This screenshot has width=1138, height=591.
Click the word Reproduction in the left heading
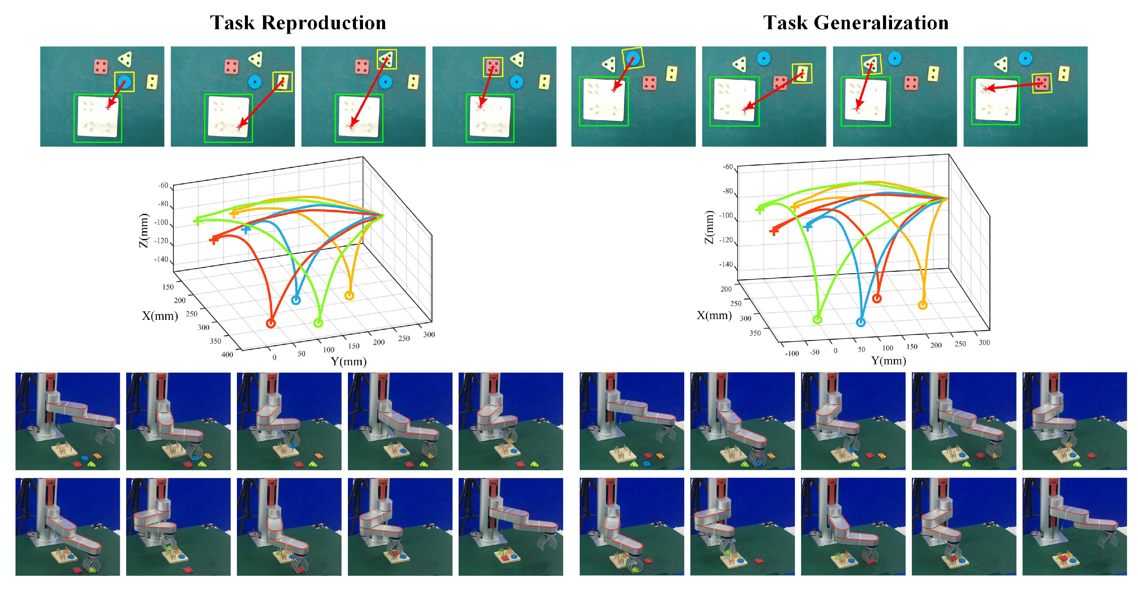324,23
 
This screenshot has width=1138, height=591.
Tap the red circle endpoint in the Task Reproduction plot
271,324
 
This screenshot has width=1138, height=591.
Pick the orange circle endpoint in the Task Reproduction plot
349,295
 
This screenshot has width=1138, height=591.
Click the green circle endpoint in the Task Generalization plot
818,319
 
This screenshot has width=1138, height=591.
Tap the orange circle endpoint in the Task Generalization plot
922,305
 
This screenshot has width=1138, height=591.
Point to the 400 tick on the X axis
227,354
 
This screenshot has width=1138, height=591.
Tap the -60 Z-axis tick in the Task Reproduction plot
163,186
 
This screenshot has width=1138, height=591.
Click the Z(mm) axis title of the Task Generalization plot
709,227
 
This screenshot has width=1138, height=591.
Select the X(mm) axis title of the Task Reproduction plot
159,315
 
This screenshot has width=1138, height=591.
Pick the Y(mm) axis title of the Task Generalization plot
888,361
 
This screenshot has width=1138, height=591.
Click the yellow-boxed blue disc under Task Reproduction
124,82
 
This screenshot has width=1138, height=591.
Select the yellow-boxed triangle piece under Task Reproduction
387,59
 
